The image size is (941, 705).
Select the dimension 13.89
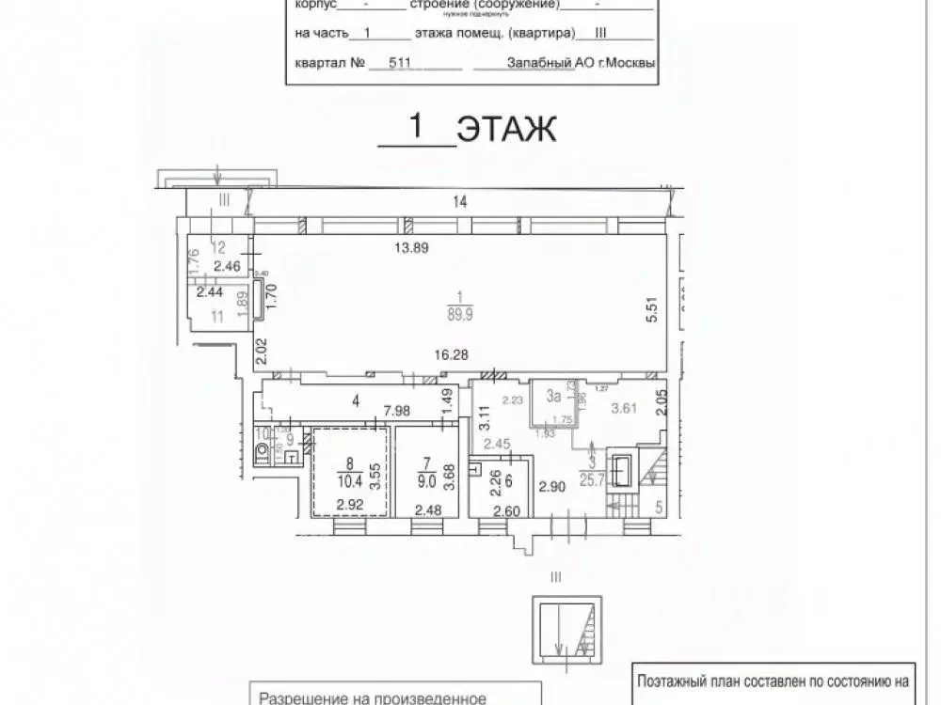point(412,248)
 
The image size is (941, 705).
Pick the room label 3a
point(552,396)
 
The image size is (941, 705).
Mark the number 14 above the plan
point(459,200)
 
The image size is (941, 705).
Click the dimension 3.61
point(626,408)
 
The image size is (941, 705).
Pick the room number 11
point(217,317)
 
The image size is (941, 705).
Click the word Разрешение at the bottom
point(313,697)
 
